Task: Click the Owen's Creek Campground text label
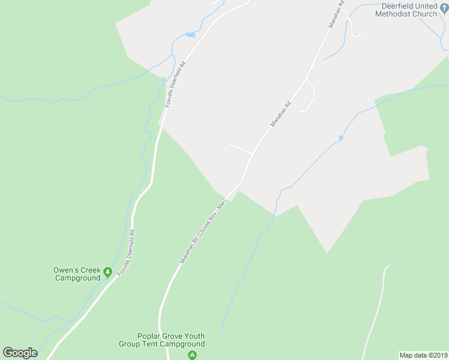[x=76, y=274]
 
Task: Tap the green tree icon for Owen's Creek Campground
[x=107, y=272]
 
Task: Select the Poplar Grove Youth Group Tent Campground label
[x=170, y=340]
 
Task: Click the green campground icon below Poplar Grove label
[x=192, y=355]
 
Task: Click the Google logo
[x=20, y=353]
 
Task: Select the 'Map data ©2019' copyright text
[x=423, y=355]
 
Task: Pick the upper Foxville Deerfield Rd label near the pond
[x=175, y=84]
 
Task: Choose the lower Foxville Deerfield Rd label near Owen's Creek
[x=126, y=253]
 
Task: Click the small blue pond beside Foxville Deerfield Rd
[x=190, y=35]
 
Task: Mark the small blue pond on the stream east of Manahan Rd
[x=340, y=138]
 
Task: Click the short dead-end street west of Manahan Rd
[x=240, y=148]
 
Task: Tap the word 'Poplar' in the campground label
[x=150, y=336]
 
